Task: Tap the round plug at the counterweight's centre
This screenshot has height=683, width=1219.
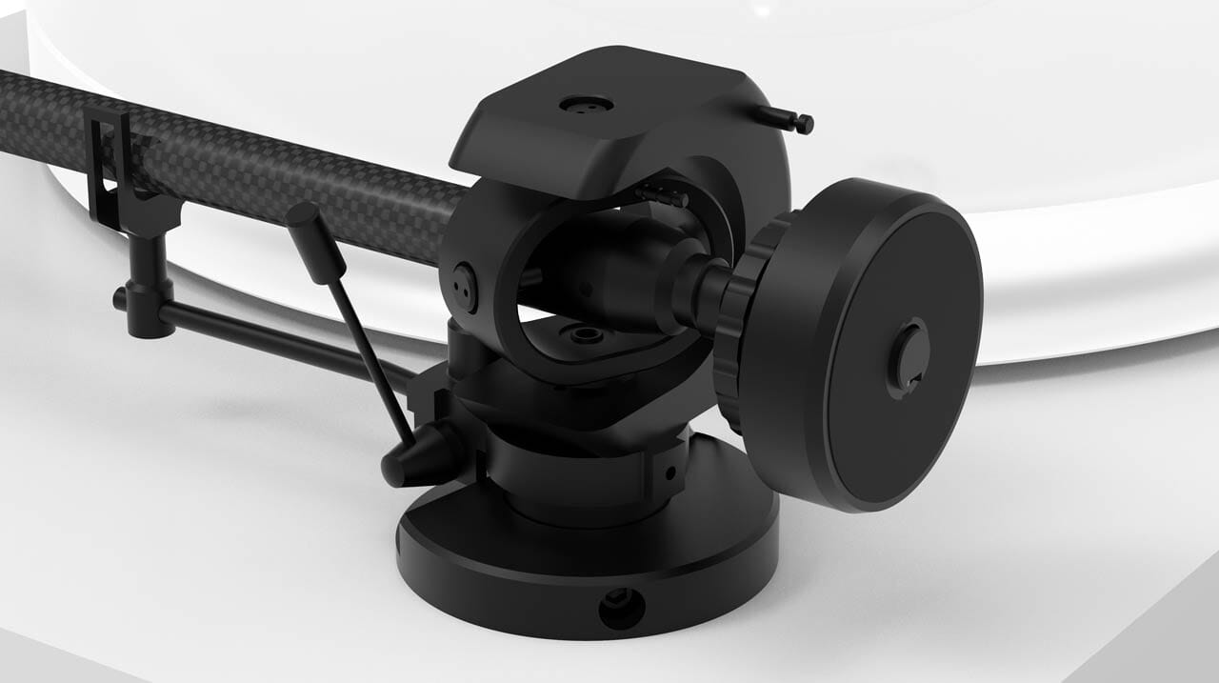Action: [x=907, y=354]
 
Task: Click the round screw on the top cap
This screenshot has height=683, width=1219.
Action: [x=585, y=104]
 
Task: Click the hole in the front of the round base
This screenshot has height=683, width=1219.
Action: [x=621, y=607]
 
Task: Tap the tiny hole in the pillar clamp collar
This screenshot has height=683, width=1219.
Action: [x=670, y=472]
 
